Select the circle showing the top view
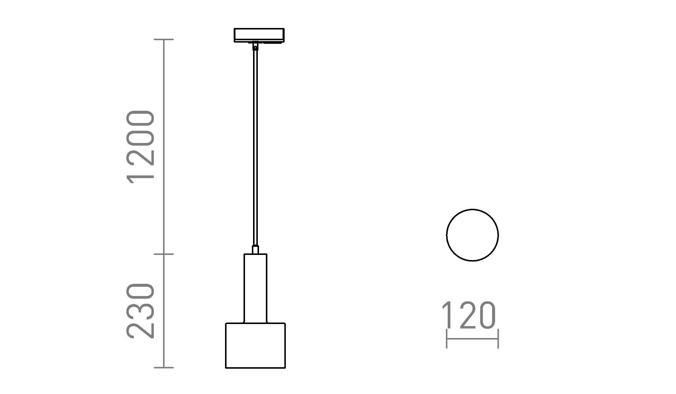(472, 235)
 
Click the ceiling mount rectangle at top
(259, 35)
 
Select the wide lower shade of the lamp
(255, 345)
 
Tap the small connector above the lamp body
(255, 250)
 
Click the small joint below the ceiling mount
(255, 46)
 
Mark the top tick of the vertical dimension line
(164, 39)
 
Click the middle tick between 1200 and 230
(164, 254)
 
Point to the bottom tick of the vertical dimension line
(164, 367)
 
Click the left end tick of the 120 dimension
(446, 339)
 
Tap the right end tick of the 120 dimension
(498, 339)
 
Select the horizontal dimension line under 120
(472, 339)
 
